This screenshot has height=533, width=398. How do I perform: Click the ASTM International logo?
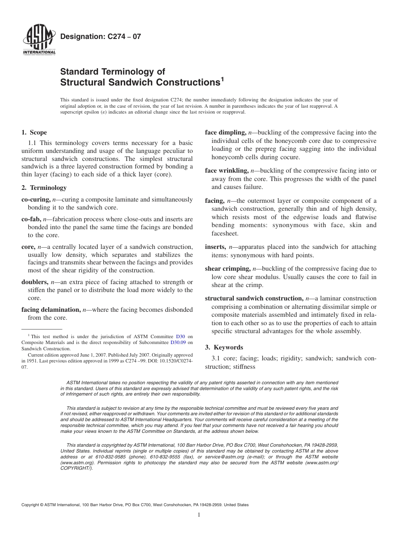[x=39, y=41]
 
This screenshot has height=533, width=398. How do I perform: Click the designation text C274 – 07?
[x=101, y=37]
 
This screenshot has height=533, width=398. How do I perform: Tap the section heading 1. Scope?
[x=34, y=133]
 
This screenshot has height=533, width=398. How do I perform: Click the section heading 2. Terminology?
[x=44, y=188]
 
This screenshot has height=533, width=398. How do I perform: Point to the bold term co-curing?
[x=36, y=200]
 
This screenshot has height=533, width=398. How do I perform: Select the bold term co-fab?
[x=31, y=219]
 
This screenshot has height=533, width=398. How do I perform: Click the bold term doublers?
[x=34, y=282]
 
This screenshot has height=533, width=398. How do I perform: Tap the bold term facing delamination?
[x=51, y=310]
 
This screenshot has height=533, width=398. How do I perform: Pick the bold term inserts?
[x=215, y=247]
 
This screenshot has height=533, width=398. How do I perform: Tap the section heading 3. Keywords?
[x=224, y=347]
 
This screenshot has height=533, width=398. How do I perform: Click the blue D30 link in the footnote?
[x=180, y=336]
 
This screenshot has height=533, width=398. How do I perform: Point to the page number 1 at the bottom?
[x=199, y=515]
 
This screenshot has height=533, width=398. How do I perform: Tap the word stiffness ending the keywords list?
[x=242, y=367]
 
